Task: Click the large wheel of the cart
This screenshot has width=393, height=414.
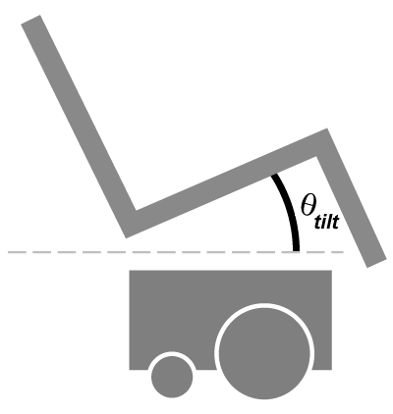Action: pyautogui.click(x=264, y=353)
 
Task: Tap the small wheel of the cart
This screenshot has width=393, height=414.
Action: pyautogui.click(x=172, y=377)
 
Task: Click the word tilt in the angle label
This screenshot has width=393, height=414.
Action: pyautogui.click(x=326, y=223)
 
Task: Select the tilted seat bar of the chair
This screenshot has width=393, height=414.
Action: pyautogui.click(x=226, y=183)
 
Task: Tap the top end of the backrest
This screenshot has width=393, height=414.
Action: pyautogui.click(x=30, y=20)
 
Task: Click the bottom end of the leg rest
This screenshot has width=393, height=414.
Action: pyautogui.click(x=376, y=263)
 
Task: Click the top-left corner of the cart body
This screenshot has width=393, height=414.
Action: pyautogui.click(x=130, y=271)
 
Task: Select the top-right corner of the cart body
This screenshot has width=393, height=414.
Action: pyautogui.click(x=332, y=271)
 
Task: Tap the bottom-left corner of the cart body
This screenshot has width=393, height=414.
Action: pyautogui.click(x=130, y=370)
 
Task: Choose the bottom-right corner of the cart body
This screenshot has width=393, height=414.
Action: pyautogui.click(x=332, y=370)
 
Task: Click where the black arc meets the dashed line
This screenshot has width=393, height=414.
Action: pyautogui.click(x=296, y=251)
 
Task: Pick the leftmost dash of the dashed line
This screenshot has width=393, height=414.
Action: pyautogui.click(x=14, y=252)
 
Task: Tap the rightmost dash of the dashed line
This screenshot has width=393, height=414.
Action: pyautogui.click(x=338, y=252)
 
